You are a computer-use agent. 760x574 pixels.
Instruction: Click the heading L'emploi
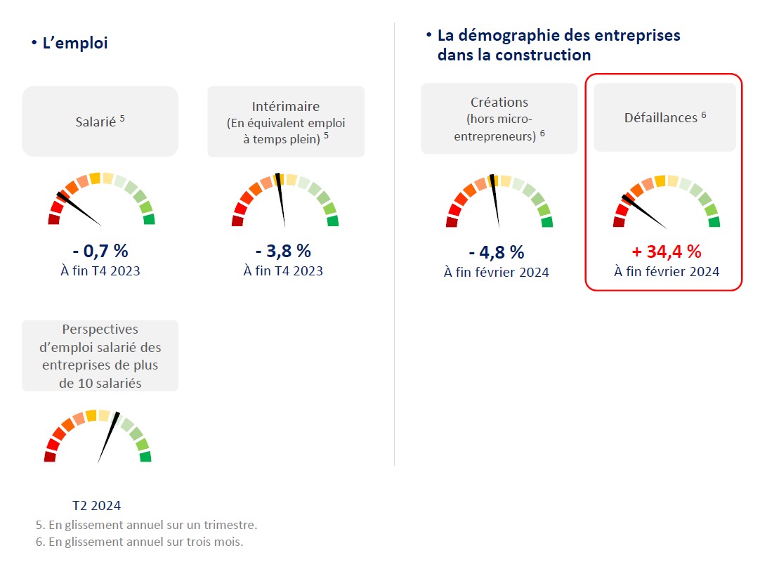75,44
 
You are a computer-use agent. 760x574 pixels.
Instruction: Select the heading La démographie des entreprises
558,36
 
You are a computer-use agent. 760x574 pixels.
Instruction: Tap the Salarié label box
100,122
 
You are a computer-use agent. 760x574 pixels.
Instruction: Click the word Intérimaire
286,107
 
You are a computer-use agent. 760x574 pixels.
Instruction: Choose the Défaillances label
660,118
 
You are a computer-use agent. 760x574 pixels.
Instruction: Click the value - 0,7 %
100,251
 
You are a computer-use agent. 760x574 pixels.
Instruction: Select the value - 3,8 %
283,251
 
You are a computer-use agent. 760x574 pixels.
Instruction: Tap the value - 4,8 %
497,252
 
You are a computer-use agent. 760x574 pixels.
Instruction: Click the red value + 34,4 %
667,252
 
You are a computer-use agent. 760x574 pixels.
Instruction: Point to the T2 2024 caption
97,506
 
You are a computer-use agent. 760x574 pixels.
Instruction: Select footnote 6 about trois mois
139,542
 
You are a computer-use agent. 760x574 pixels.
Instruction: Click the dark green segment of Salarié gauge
149,219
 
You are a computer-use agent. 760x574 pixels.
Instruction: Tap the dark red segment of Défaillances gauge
619,222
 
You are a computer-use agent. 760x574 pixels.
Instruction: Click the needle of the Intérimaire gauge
282,200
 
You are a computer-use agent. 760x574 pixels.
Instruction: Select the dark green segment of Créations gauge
546,222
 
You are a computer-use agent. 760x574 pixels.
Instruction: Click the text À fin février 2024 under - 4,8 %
497,273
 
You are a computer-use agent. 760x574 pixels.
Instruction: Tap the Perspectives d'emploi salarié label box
100,356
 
